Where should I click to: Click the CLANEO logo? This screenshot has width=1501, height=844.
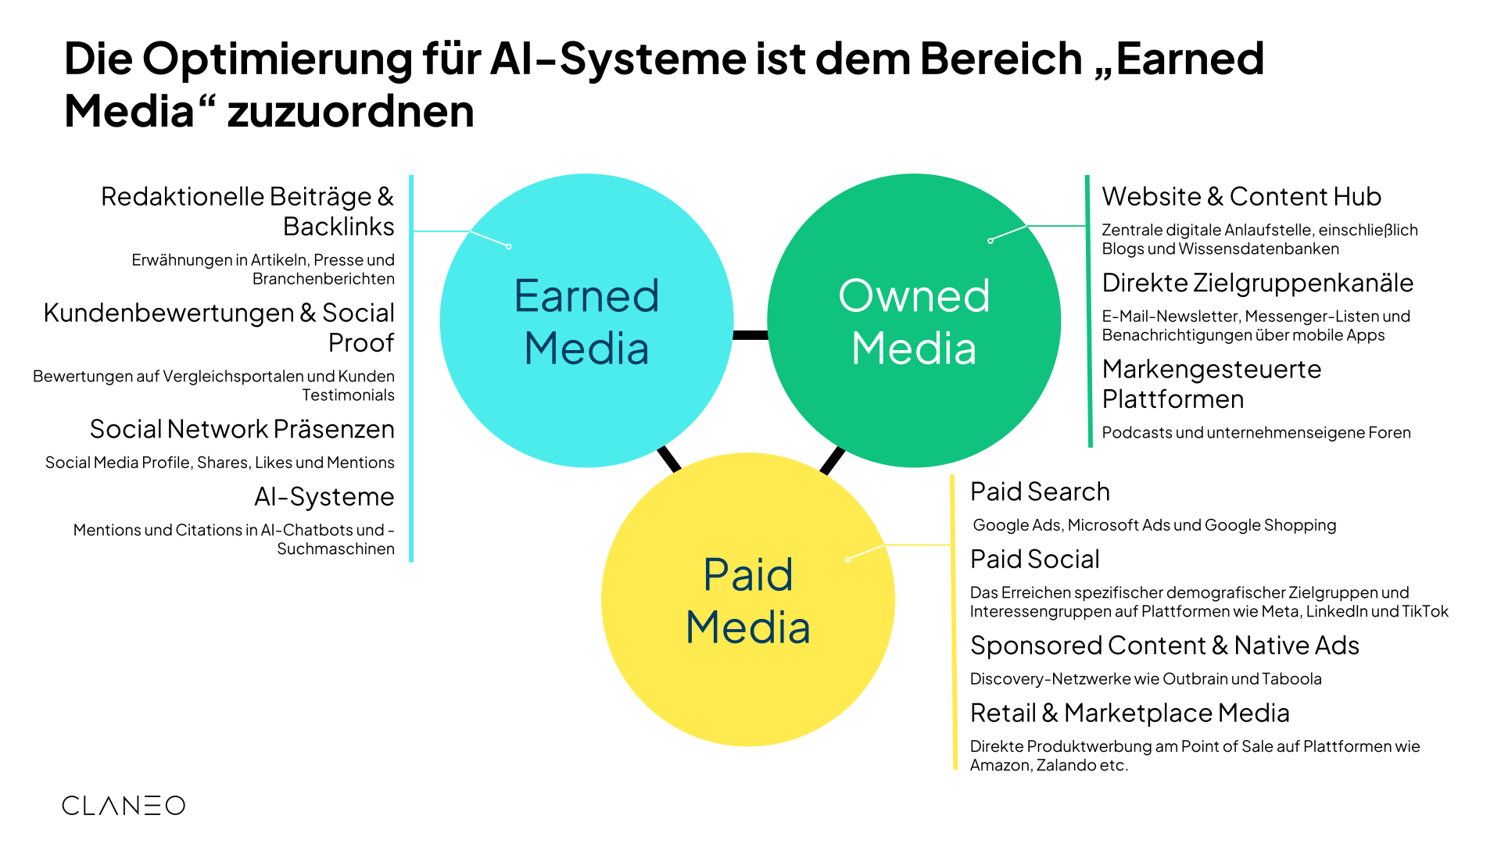tap(124, 806)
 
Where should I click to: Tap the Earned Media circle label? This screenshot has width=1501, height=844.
tap(586, 322)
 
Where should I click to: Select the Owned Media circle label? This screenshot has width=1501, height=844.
tap(914, 322)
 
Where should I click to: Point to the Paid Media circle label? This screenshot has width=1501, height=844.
tap(748, 601)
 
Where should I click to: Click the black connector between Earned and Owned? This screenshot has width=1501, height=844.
tap(750, 335)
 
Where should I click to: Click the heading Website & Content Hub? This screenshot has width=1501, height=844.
tap(1241, 196)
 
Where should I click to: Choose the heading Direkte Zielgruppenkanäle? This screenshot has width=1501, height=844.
tap(1257, 283)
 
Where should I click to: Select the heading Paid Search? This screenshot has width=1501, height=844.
tap(1040, 492)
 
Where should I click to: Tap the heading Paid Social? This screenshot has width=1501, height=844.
tap(1034, 560)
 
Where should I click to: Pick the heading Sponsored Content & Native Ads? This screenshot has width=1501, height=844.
tap(1164, 646)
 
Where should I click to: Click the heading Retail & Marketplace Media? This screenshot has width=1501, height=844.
tap(1130, 713)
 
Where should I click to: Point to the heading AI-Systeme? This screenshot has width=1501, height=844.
tap(324, 497)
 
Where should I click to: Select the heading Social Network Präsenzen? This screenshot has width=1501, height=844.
tap(242, 429)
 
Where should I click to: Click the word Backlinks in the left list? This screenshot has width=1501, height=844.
tap(339, 227)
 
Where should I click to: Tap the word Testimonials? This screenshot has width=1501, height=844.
tap(349, 395)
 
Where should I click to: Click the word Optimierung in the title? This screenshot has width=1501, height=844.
tap(277, 59)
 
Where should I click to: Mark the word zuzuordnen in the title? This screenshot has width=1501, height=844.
tap(351, 111)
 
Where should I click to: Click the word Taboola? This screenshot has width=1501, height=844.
tap(1291, 679)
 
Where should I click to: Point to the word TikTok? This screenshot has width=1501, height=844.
tap(1425, 612)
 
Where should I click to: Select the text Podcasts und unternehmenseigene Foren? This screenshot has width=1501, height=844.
tap(1256, 433)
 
